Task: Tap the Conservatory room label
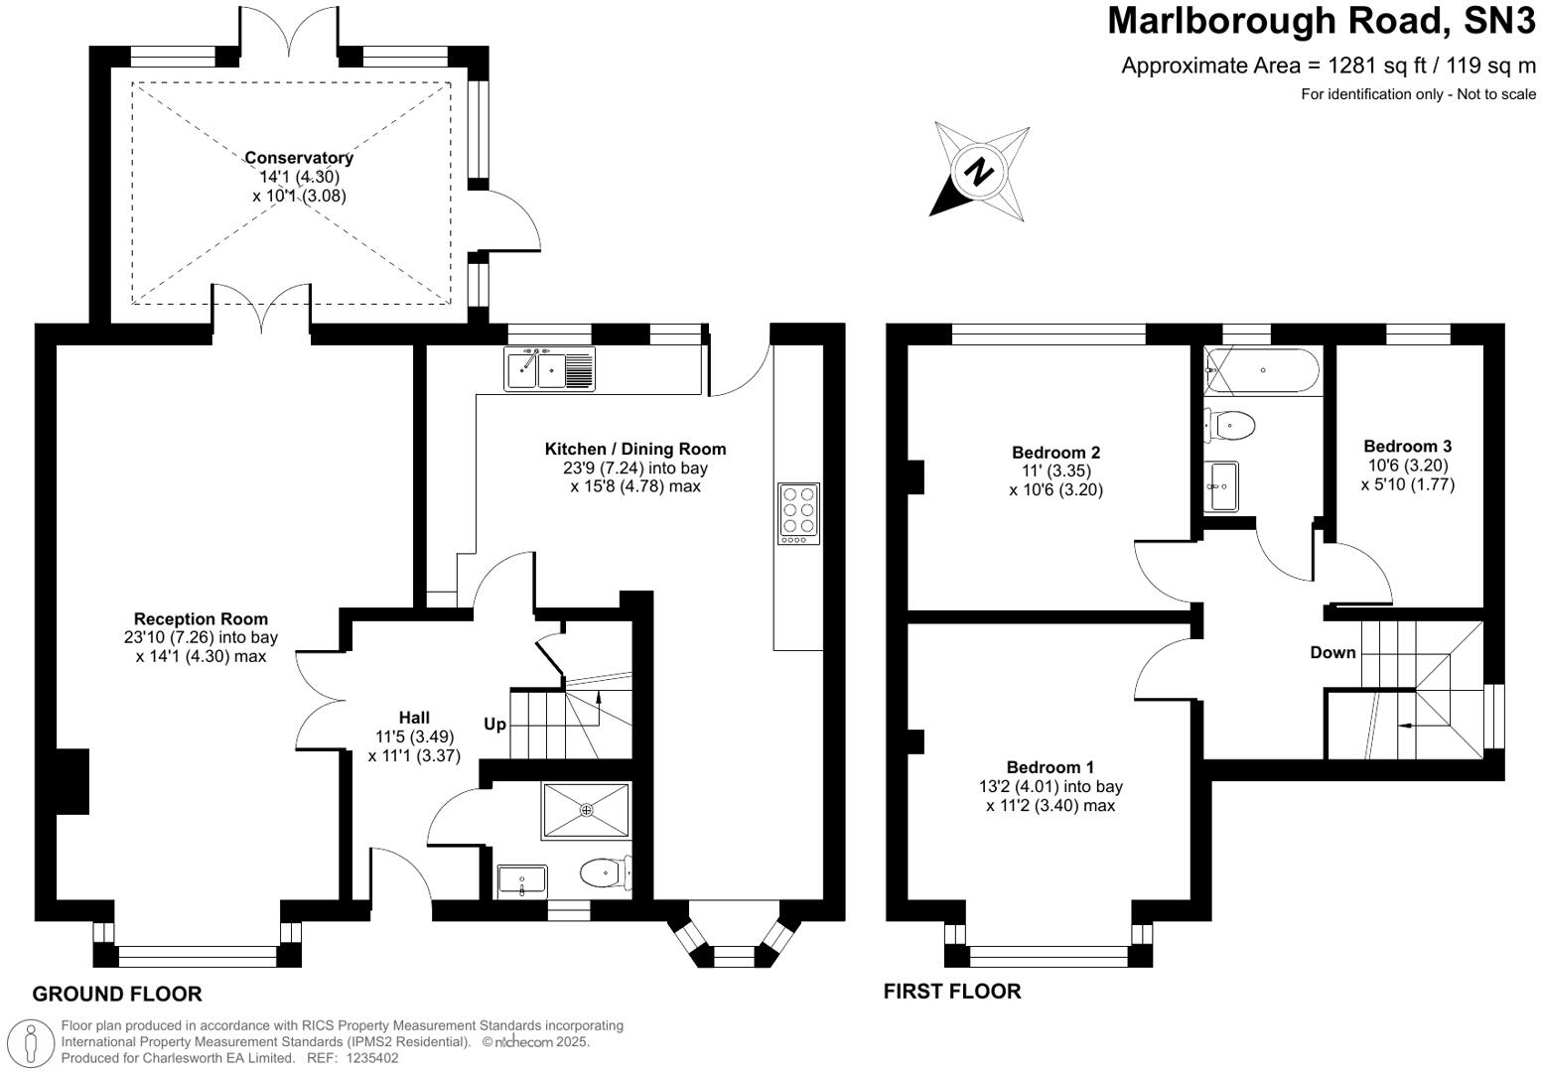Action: pyautogui.click(x=299, y=158)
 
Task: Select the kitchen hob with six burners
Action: pyautogui.click(x=798, y=513)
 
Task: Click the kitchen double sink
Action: pyautogui.click(x=549, y=370)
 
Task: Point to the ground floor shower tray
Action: pyautogui.click(x=586, y=810)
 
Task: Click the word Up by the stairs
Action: pyautogui.click(x=494, y=725)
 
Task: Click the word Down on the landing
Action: pyautogui.click(x=1332, y=652)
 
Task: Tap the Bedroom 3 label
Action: pyautogui.click(x=1407, y=447)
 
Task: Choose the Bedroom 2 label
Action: pyautogui.click(x=1055, y=453)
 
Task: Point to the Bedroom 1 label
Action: pyautogui.click(x=1050, y=767)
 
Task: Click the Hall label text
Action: pyautogui.click(x=414, y=718)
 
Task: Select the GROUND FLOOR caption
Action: pyautogui.click(x=117, y=994)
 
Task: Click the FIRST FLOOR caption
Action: pyautogui.click(x=951, y=991)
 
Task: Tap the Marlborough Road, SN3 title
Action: pyautogui.click(x=1321, y=21)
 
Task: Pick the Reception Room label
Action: pyautogui.click(x=201, y=619)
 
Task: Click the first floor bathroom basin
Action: pyautogui.click(x=1221, y=485)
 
